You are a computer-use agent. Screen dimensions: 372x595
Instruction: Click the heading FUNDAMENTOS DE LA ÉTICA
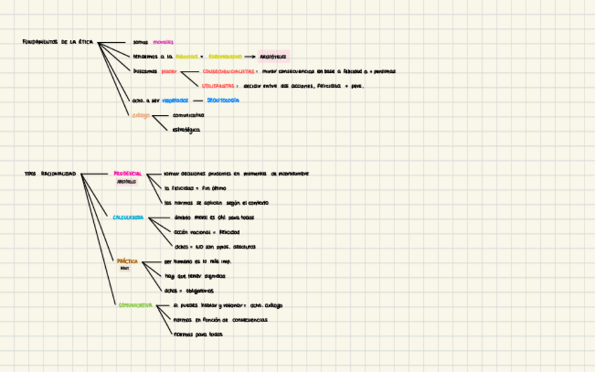(58, 42)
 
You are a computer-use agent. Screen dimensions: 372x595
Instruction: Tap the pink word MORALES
(163, 42)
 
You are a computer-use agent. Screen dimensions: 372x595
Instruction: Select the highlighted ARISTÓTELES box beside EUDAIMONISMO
(273, 56)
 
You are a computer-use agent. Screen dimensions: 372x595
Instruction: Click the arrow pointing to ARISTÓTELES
(249, 56)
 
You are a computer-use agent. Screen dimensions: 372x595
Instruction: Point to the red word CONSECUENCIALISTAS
(229, 71)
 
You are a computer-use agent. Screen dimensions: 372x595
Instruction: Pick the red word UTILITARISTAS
(218, 86)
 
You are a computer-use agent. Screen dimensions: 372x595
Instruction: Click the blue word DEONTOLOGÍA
(222, 100)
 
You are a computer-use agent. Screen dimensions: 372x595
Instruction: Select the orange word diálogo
(141, 115)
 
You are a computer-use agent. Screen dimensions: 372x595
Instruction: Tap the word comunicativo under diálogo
(188, 115)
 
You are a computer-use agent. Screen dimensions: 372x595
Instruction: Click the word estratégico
(186, 130)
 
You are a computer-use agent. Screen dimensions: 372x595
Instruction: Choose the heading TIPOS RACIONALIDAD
(50, 173)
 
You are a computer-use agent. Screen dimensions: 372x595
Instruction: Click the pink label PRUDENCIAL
(128, 173)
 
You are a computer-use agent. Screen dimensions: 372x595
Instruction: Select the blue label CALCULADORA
(128, 218)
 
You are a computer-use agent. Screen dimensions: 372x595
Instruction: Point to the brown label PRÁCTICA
(127, 261)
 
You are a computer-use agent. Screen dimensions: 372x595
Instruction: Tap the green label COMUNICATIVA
(135, 305)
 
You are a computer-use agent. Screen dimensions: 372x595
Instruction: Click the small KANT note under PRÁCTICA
(125, 268)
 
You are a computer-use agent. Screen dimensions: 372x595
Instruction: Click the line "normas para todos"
(198, 334)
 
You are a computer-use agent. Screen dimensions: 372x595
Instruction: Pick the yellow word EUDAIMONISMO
(225, 56)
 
